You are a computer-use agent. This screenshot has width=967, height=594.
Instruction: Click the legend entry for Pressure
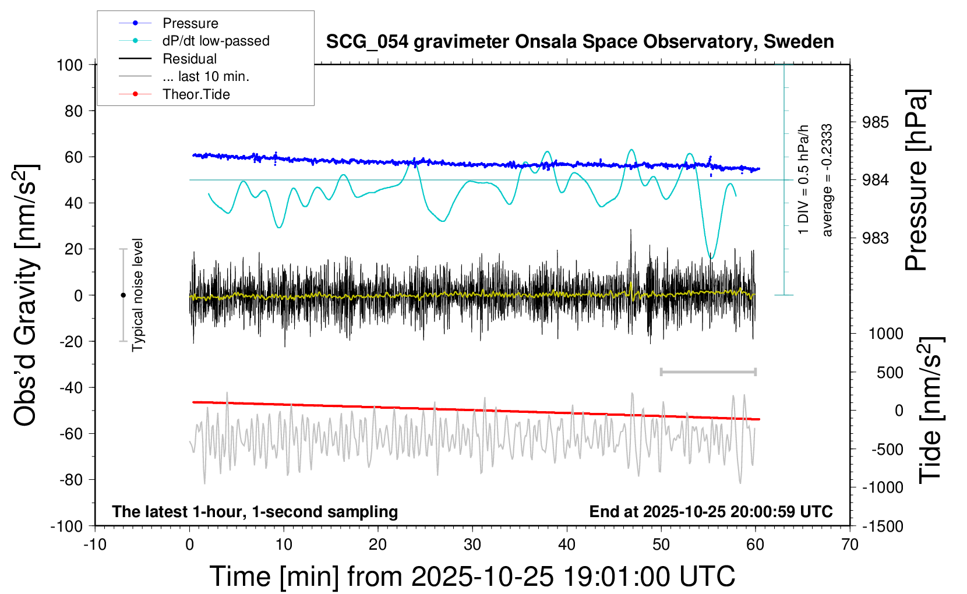(190, 23)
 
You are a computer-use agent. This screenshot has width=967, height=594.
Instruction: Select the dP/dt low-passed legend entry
(216, 41)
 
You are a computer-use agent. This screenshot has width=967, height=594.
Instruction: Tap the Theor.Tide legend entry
(196, 94)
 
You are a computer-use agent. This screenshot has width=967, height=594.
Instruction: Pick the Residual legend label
(189, 59)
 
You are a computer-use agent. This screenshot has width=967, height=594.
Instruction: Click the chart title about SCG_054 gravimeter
(580, 42)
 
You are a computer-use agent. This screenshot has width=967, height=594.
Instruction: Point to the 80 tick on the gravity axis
(73, 111)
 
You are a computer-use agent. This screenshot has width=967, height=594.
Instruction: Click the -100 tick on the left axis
(66, 526)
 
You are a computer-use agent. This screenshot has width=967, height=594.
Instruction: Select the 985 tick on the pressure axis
(876, 122)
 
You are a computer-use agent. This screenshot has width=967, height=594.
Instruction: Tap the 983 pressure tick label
(876, 238)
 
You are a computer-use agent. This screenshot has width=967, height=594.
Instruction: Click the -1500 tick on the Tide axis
(882, 526)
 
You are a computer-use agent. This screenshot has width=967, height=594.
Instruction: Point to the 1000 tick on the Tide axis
(885, 334)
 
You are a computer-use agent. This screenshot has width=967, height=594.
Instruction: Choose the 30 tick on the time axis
(472, 545)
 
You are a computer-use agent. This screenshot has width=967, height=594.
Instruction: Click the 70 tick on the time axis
(850, 545)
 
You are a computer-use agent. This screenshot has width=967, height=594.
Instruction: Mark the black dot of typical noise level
(123, 295)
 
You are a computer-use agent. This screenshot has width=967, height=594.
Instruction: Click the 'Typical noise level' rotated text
(137, 295)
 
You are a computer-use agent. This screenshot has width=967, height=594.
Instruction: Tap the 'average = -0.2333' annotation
(827, 180)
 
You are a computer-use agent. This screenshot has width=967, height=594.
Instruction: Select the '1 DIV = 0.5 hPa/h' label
(804, 179)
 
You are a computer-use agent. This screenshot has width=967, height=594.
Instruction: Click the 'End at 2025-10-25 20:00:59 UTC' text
(711, 512)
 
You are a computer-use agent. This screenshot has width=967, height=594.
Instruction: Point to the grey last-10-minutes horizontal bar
(708, 372)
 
